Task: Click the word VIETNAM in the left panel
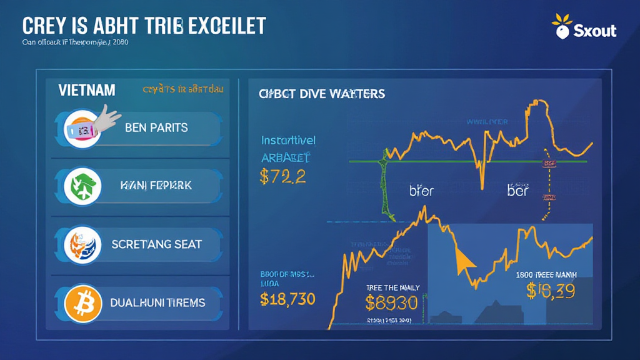coord(87,90)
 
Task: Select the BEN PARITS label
coord(156,127)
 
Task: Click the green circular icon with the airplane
coord(82,186)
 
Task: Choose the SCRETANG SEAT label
coord(156,244)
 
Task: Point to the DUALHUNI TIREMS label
coord(157,302)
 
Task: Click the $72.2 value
coord(282,176)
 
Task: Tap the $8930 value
coord(391,303)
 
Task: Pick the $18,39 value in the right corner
coord(552,290)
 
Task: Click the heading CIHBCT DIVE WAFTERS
coord(322,94)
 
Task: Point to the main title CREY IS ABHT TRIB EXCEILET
coord(144,26)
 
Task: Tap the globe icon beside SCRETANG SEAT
coord(82,244)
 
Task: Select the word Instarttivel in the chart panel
coord(288,140)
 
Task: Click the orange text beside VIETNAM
coord(183,89)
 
